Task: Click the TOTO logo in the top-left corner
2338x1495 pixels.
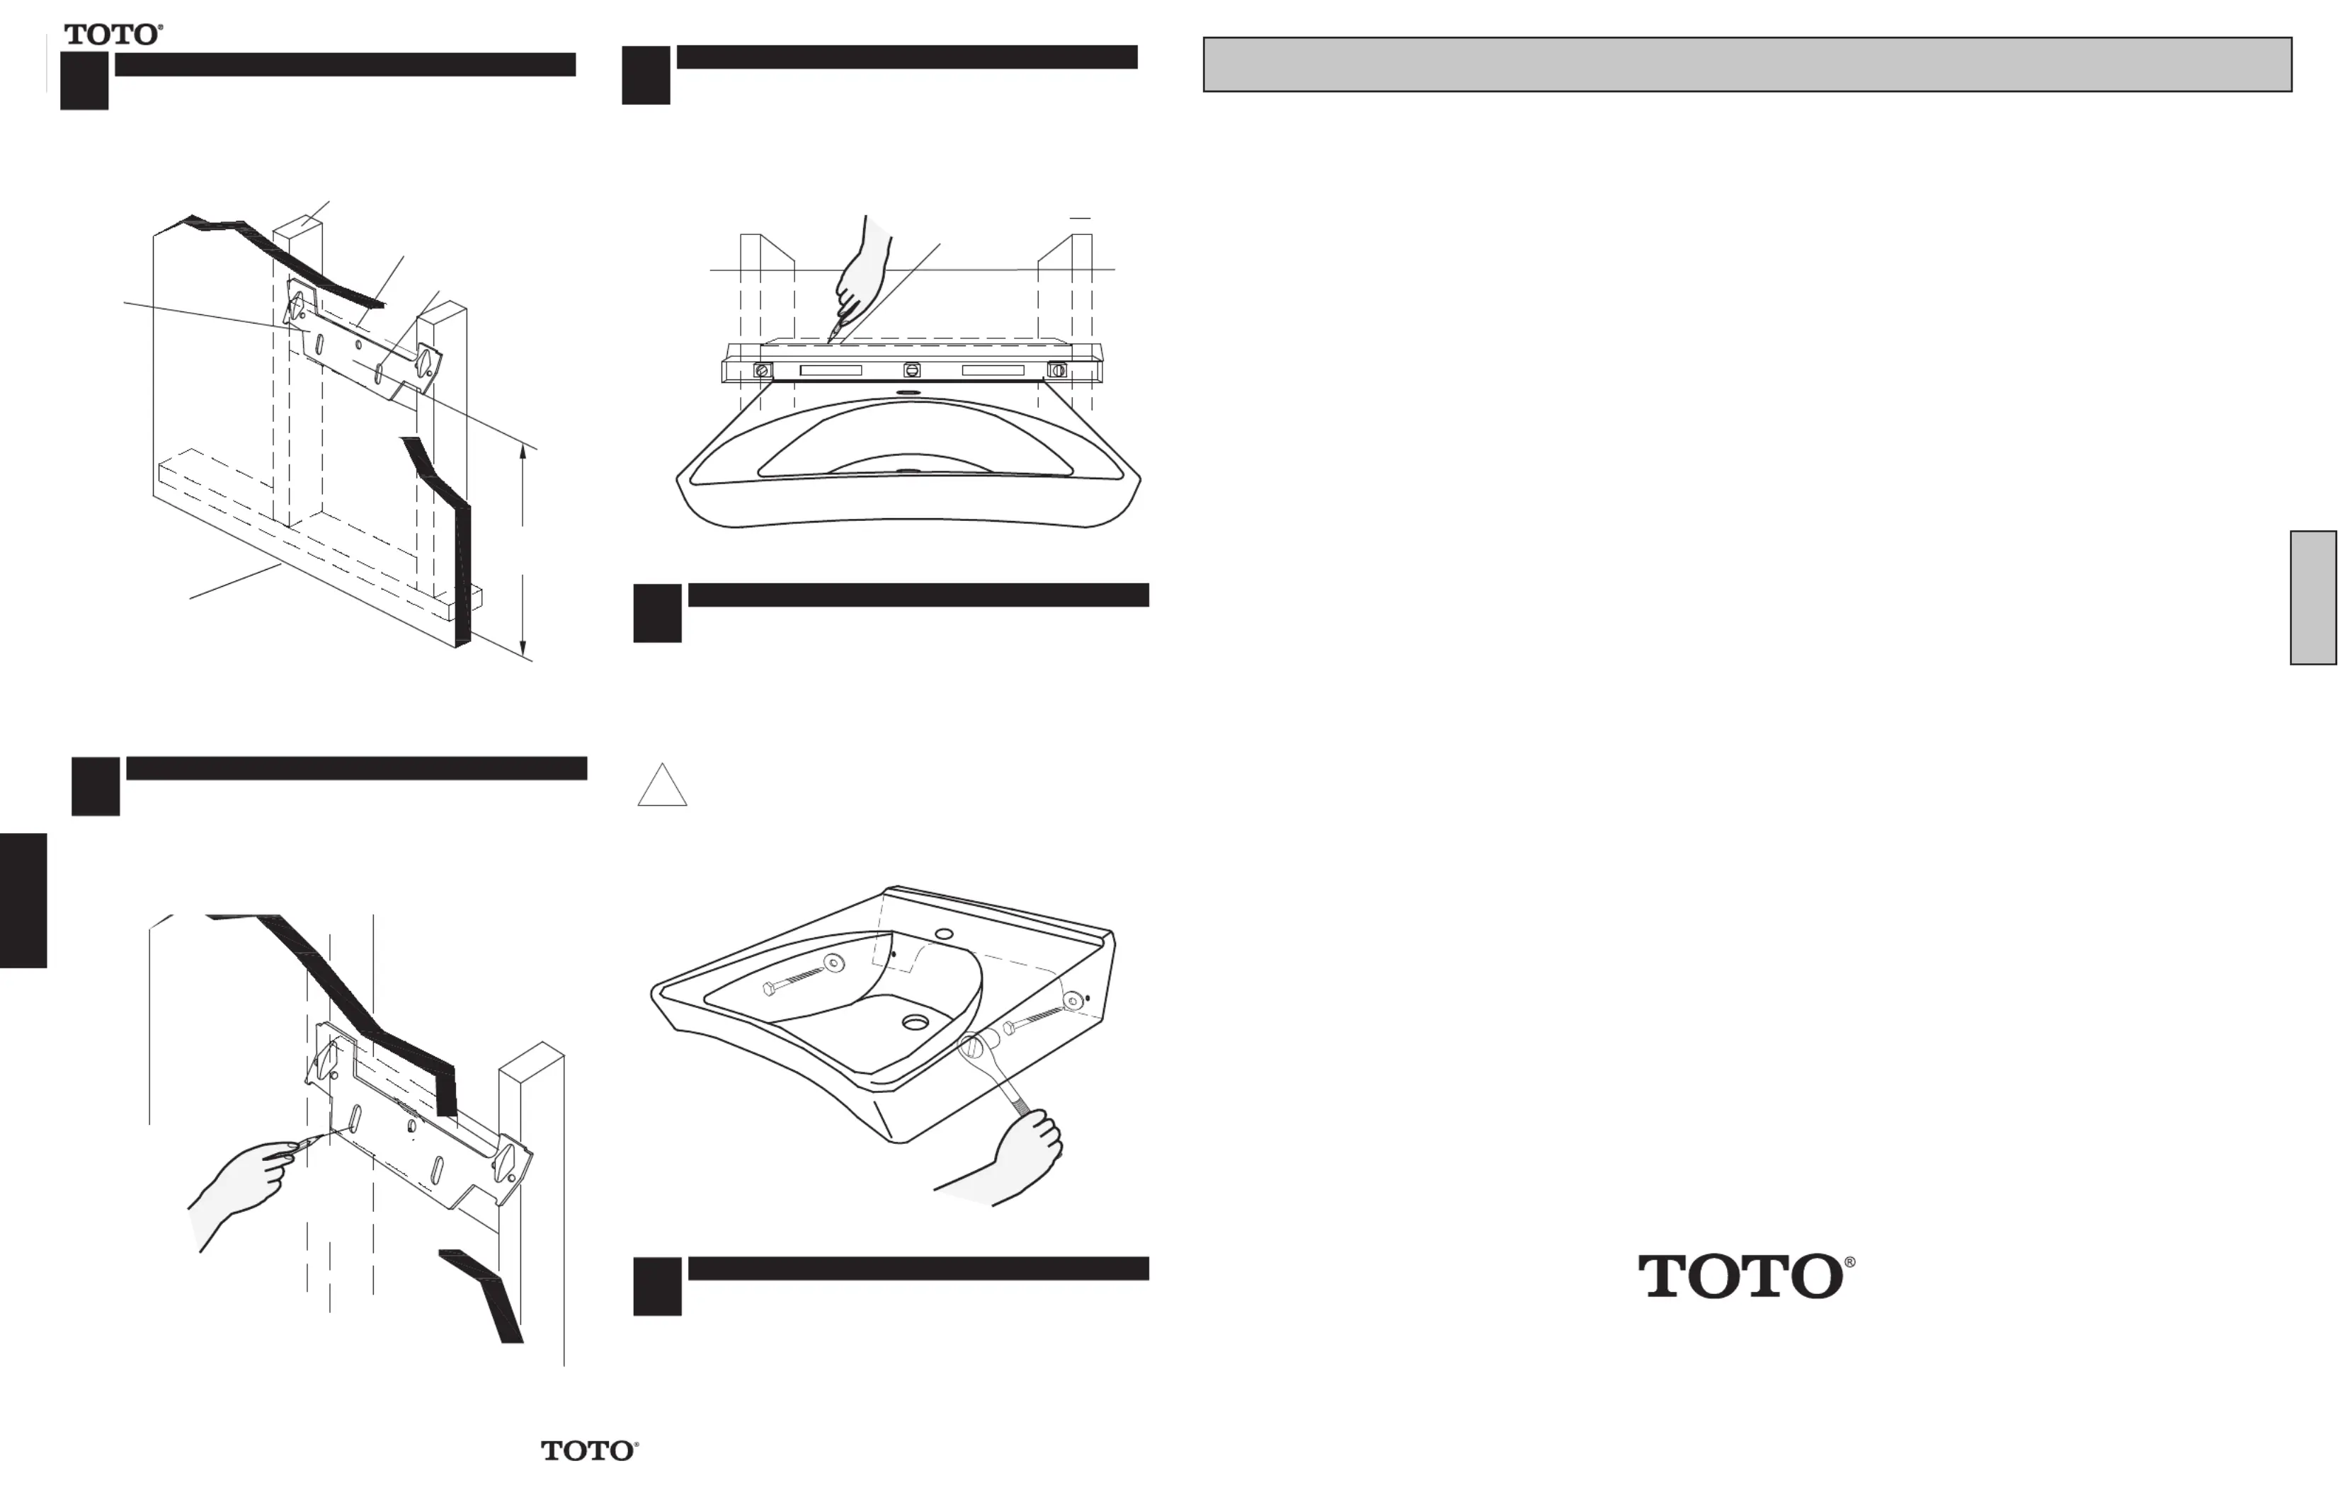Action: (x=113, y=35)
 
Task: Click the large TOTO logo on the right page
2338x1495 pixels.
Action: (x=1746, y=1276)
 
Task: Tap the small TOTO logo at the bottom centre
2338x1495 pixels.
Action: (x=589, y=1450)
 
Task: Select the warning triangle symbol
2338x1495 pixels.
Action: (x=662, y=784)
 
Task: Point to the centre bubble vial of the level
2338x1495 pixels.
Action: (x=911, y=370)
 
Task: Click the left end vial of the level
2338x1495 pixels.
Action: (x=763, y=370)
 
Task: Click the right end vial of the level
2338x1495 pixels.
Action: (x=1057, y=370)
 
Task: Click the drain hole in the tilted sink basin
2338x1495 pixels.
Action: (x=916, y=1022)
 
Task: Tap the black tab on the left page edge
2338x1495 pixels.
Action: (x=23, y=900)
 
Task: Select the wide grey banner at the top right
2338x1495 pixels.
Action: (x=1747, y=64)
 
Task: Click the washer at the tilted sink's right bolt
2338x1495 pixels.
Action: (x=1072, y=1000)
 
